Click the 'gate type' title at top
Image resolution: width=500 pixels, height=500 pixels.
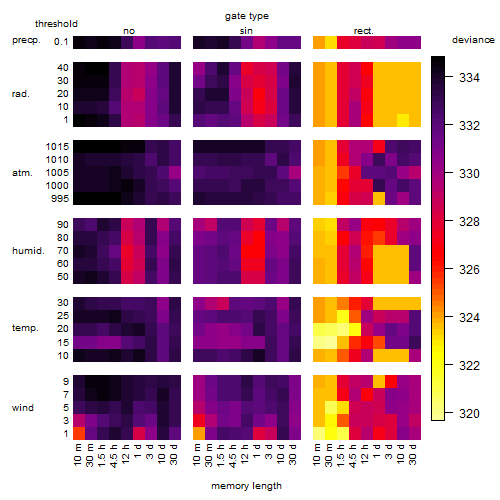pyautogui.click(x=247, y=16)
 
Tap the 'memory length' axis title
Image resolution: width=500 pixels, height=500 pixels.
pyautogui.click(x=246, y=486)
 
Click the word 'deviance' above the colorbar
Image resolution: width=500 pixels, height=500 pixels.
pyautogui.click(x=473, y=40)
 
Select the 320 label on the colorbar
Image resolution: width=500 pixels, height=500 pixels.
pyautogui.click(x=469, y=414)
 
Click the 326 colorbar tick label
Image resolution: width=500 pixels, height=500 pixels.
pyautogui.click(x=469, y=270)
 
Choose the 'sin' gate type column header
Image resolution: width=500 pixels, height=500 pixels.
pyautogui.click(x=246, y=31)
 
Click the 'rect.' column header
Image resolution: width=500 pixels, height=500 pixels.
pyautogui.click(x=363, y=31)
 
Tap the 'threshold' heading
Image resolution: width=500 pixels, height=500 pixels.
pyautogui.click(x=56, y=24)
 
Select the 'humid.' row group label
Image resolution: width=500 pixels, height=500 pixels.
pyautogui.click(x=28, y=251)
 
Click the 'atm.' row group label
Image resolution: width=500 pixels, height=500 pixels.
pyautogui.click(x=22, y=173)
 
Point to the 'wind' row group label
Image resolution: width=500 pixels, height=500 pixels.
pyautogui.click(x=23, y=408)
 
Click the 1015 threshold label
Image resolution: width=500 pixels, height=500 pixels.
pyautogui.click(x=57, y=147)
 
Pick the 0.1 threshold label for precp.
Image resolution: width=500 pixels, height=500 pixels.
pyautogui.click(x=61, y=42)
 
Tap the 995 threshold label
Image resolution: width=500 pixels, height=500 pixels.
pyautogui.click(x=60, y=199)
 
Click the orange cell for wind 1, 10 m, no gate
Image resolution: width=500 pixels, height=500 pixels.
pyautogui.click(x=79, y=433)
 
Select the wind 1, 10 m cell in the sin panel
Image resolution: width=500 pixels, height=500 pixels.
pyautogui.click(x=199, y=433)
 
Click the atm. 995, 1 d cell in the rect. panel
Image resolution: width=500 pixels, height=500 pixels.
pyautogui.click(x=379, y=199)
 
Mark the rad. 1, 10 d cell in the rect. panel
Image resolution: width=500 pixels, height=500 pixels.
pyautogui.click(x=403, y=120)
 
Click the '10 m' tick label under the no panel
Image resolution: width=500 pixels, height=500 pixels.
pyautogui.click(x=78, y=455)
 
